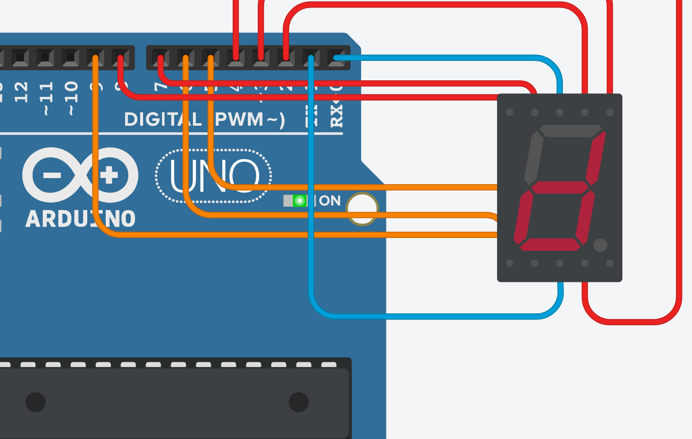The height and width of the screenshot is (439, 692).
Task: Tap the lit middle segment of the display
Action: (x=559, y=188)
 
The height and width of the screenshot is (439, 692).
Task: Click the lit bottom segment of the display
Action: (x=550, y=244)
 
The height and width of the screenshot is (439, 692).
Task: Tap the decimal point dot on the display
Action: (x=600, y=245)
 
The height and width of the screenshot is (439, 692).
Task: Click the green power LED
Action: (x=300, y=201)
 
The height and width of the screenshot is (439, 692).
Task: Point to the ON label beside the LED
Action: (x=330, y=201)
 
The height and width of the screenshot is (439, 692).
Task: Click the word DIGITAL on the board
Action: (x=163, y=120)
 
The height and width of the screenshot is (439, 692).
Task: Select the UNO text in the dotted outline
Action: (x=214, y=176)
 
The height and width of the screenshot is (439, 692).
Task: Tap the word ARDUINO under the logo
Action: (x=80, y=219)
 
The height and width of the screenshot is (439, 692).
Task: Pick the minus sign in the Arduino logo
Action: (x=51, y=175)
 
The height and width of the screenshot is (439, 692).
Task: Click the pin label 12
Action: (x=21, y=92)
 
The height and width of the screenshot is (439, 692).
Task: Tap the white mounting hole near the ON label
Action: (x=362, y=209)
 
